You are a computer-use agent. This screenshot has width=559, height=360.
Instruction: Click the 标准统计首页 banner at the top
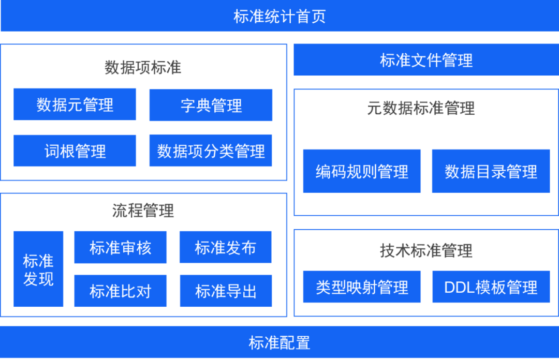click(x=279, y=17)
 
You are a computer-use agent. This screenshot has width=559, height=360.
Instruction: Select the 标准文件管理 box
click(x=426, y=60)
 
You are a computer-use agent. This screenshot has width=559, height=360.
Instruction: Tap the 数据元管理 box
click(x=75, y=104)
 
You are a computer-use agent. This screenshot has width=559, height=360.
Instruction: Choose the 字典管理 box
click(x=211, y=106)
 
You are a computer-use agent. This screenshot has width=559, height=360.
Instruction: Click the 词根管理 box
click(x=75, y=151)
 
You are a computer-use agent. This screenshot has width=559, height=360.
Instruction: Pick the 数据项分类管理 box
click(x=211, y=151)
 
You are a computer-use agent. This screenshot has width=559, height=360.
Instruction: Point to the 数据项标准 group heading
click(x=143, y=67)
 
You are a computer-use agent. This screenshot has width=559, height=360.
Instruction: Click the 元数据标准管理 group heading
click(x=421, y=108)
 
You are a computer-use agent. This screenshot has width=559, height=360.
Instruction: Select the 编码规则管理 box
click(x=362, y=171)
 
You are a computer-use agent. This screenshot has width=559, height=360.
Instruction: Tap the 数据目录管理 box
click(x=491, y=171)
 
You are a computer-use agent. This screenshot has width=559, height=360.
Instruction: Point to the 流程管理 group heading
click(x=143, y=210)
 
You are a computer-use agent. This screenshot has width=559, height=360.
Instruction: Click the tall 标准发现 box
click(x=38, y=269)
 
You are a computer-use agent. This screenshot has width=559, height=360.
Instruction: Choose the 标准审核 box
click(x=120, y=247)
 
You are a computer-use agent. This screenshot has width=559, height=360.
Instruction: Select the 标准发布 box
click(x=225, y=247)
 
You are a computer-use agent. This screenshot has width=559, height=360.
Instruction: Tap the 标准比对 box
click(x=120, y=291)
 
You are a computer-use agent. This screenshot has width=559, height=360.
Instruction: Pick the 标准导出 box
click(x=226, y=291)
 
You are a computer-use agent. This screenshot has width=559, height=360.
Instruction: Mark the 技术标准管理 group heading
click(x=425, y=251)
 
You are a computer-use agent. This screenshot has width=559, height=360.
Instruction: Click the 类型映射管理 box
click(x=362, y=287)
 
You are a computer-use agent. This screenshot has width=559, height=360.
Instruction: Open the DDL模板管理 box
click(x=491, y=287)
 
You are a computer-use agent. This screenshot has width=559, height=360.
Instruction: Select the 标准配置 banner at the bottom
click(x=279, y=342)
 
